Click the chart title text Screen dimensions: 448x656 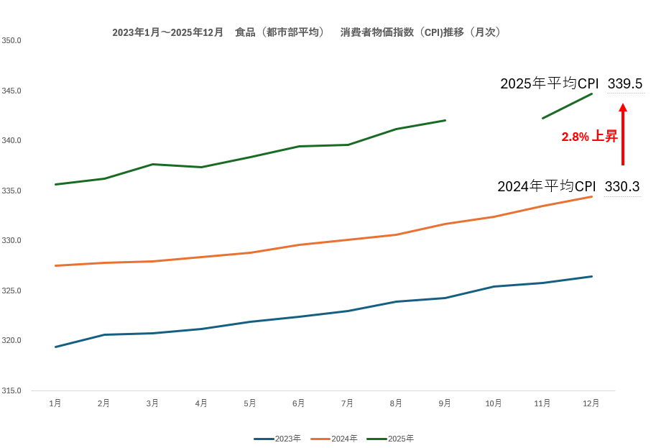click(x=307, y=32)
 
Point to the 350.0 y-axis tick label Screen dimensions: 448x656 click(x=11, y=40)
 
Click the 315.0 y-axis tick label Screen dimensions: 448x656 click(x=11, y=390)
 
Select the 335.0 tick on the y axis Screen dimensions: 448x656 click(x=11, y=191)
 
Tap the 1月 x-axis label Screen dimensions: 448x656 click(x=55, y=403)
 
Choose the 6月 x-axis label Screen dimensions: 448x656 click(x=299, y=403)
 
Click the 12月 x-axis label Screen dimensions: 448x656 click(x=591, y=403)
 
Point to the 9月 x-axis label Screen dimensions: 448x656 click(x=445, y=403)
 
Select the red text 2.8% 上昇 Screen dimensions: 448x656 click(x=589, y=137)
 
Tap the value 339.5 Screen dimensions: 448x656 click(x=625, y=84)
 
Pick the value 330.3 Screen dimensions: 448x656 click(x=622, y=187)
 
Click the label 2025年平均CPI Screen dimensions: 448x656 click(x=550, y=84)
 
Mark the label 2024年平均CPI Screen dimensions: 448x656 click(x=547, y=187)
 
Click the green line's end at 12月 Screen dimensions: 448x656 click(x=592, y=93)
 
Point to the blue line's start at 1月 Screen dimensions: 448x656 click(x=55, y=347)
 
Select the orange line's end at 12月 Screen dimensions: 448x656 click(x=592, y=196)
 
